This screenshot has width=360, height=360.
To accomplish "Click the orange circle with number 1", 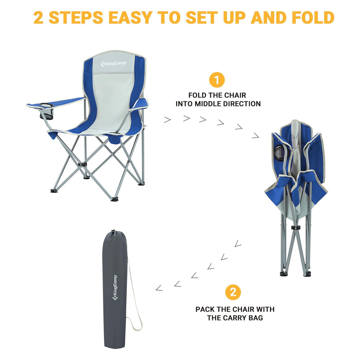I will point(217,80).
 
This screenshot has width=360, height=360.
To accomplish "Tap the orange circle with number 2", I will point(233,292).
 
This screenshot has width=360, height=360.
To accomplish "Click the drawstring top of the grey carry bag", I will point(114,233).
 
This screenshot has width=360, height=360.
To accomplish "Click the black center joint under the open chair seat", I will point(81,165).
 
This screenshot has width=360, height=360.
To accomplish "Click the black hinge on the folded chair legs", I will point(295,227).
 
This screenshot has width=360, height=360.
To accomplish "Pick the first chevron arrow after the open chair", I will point(167,120).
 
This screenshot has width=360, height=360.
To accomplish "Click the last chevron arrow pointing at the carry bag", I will point(159,288).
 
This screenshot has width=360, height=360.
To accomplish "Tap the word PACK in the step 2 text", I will point(205,309).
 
